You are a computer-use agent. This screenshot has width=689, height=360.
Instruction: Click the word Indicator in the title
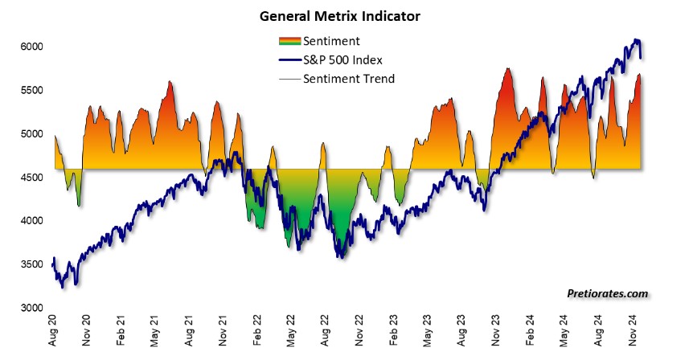pyautogui.click(x=392, y=15)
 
